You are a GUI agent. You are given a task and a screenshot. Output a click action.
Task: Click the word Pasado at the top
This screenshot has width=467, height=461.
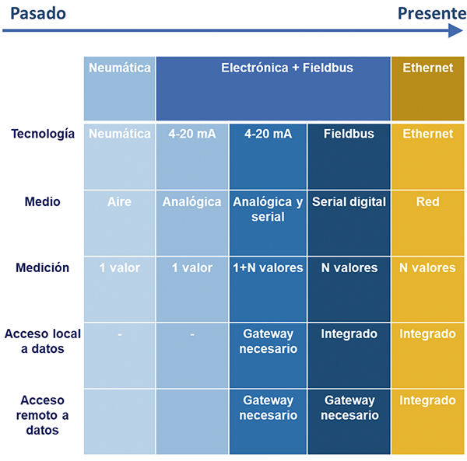[38, 13]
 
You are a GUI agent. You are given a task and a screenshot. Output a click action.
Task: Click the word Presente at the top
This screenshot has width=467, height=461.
[432, 13]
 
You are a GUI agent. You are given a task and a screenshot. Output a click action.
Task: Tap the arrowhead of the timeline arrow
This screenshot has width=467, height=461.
[455, 30]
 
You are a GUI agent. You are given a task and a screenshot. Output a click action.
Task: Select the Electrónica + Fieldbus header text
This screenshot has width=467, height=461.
[287, 68]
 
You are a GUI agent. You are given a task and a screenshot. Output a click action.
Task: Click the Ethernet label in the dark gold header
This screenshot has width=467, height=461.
[428, 68]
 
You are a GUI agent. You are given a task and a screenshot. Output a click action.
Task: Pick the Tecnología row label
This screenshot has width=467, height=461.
[43, 134]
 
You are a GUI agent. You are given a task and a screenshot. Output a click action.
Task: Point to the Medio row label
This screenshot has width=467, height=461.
[42, 201]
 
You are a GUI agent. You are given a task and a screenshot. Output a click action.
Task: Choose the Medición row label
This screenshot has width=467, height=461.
[42, 267]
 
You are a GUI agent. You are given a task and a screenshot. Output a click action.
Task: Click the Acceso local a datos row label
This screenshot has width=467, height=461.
[43, 341]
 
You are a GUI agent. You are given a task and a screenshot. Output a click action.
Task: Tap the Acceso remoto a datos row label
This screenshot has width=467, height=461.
[42, 415]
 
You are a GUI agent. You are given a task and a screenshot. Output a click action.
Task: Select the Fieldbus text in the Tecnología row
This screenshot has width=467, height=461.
[349, 134]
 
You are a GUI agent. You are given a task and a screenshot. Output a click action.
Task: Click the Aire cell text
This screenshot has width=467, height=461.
[119, 201]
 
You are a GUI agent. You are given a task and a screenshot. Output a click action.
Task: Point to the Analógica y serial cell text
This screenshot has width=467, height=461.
[268, 209]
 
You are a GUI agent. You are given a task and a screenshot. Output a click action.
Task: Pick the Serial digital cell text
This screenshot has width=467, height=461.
[349, 201]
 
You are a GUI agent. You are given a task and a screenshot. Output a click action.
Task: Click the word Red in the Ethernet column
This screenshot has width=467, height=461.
[427, 201]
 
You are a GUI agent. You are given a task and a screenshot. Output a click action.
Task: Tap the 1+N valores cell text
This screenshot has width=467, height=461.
[268, 267]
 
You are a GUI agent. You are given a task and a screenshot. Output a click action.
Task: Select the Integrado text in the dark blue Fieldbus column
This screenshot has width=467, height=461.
[349, 334]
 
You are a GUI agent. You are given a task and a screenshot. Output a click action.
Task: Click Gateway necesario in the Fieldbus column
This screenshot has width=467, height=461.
[349, 408]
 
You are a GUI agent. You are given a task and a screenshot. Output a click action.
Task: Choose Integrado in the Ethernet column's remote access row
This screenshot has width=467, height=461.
[427, 400]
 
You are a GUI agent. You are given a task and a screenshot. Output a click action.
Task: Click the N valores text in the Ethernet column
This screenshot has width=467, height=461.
[427, 267]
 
